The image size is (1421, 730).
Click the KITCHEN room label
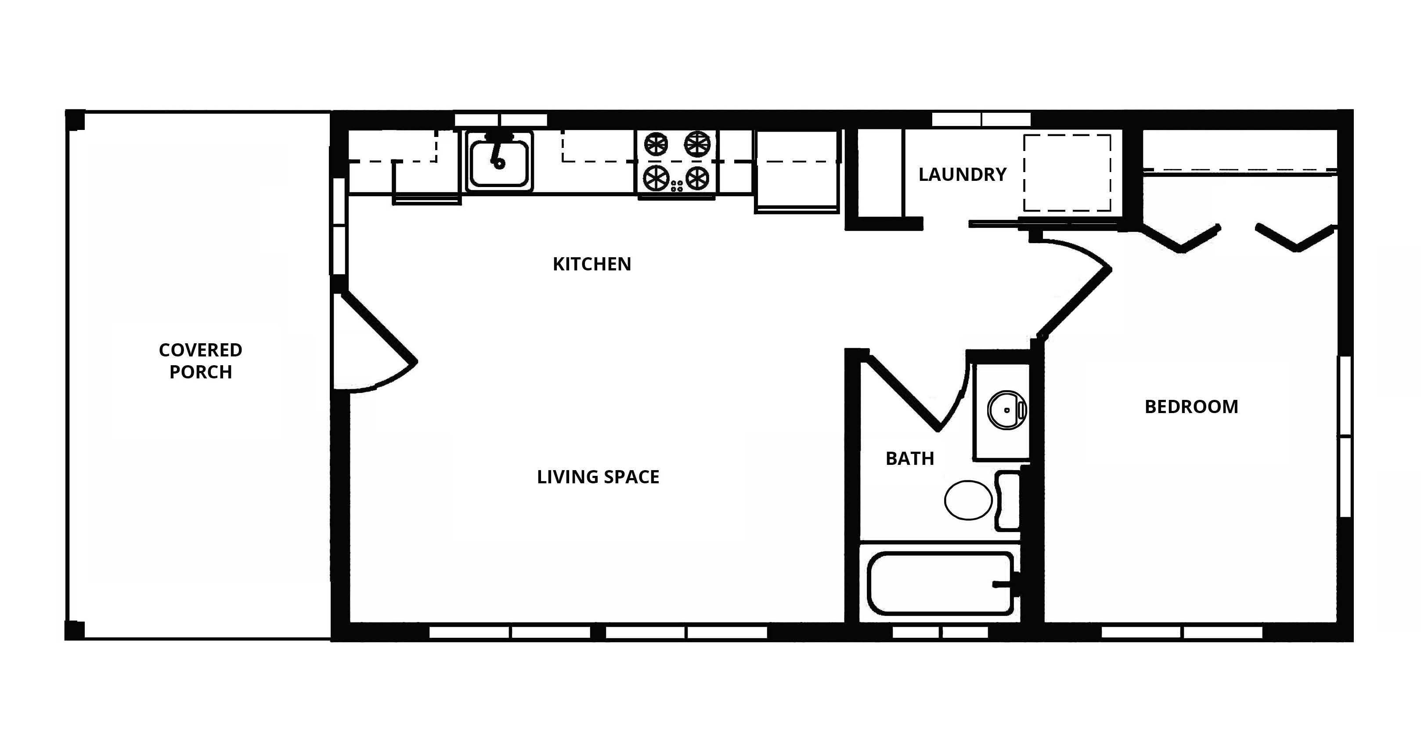tap(591, 264)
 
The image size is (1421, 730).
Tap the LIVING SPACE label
tap(598, 477)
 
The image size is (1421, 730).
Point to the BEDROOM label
tap(1191, 407)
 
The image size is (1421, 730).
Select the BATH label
tap(909, 459)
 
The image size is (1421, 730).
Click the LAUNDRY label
tap(962, 175)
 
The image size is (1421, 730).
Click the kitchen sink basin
tap(499, 162)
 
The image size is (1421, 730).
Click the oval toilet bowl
tap(968, 500)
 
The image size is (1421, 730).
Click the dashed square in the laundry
tap(1067, 173)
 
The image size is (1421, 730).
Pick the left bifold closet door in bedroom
tap(1180, 238)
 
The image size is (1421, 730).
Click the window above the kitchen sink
tap(500, 120)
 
